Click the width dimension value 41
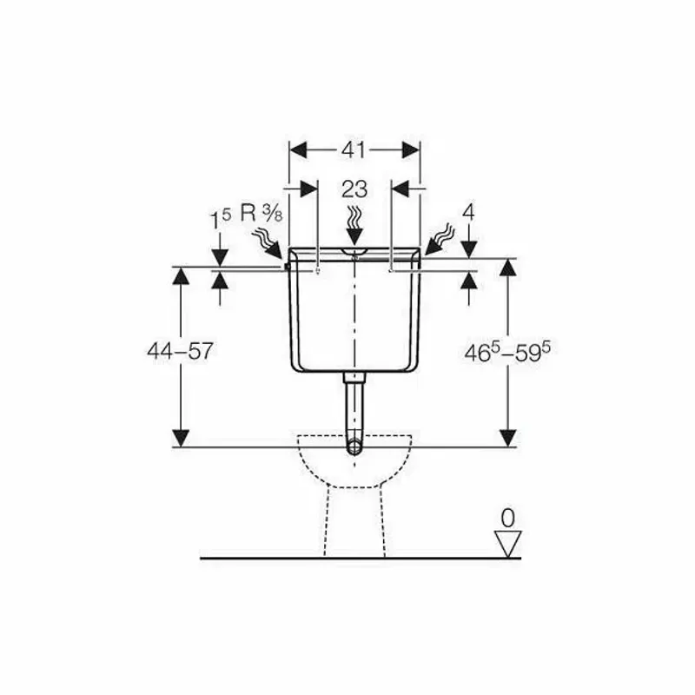click(x=354, y=150)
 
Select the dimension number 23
click(x=354, y=189)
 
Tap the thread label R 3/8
click(x=261, y=214)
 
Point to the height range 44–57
click(x=180, y=352)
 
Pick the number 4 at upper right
click(x=468, y=213)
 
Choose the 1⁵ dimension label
click(x=221, y=219)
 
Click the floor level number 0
click(x=507, y=518)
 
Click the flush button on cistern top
click(x=354, y=252)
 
